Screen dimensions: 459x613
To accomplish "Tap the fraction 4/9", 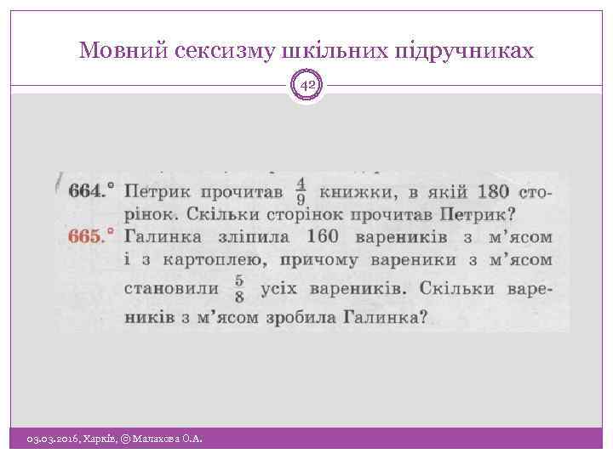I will coord(300,190).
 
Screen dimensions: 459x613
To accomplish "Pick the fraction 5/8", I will coord(238,288).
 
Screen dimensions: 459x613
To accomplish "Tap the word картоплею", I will coord(210,260).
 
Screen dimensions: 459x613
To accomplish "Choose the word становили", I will coord(171,288).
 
